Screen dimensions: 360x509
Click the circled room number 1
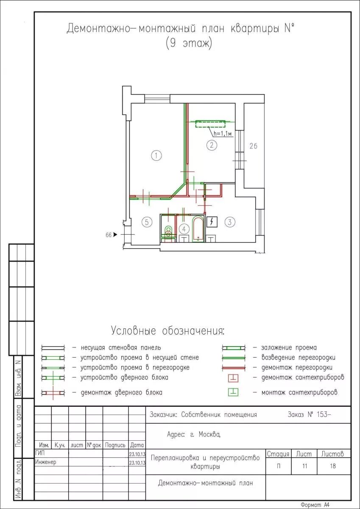pyautogui.click(x=156, y=156)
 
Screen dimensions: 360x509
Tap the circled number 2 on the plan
pyautogui.click(x=212, y=145)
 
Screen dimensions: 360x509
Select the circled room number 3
pyautogui.click(x=230, y=222)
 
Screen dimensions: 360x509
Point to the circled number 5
pyautogui.click(x=147, y=222)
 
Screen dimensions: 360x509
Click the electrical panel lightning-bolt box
pyautogui.click(x=212, y=222)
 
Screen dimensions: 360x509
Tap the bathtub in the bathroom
pyautogui.click(x=198, y=229)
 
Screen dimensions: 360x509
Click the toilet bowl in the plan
pyautogui.click(x=168, y=232)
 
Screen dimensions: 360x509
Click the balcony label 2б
pyautogui.click(x=253, y=146)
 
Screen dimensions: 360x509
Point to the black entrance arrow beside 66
pyautogui.click(x=115, y=234)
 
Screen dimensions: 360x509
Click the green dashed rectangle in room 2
pyautogui.click(x=211, y=124)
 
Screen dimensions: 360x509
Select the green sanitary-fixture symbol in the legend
pyautogui.click(x=233, y=392)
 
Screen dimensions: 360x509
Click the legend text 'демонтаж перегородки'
pyautogui.click(x=297, y=367)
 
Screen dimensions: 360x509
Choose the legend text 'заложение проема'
pyautogui.click(x=289, y=347)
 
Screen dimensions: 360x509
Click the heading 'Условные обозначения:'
pyautogui.click(x=168, y=330)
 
